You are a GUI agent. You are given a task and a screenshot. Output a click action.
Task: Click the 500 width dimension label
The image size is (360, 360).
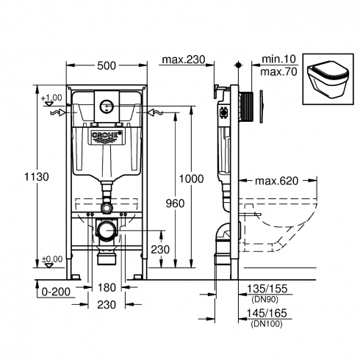(x=107, y=65)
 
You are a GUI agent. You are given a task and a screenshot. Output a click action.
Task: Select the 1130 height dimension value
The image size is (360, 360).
(x=37, y=176)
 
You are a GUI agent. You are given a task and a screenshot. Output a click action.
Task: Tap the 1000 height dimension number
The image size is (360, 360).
(x=191, y=179)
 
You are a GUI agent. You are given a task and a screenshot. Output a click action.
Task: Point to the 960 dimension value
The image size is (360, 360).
(x=175, y=204)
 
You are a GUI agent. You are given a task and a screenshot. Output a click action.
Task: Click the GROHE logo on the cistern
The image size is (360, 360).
(x=107, y=136)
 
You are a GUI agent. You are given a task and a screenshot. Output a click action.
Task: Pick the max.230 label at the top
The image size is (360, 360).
(x=184, y=60)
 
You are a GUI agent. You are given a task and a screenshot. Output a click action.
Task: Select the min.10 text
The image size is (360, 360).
(x=278, y=59)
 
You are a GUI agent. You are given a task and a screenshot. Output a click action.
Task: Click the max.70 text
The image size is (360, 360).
(x=278, y=72)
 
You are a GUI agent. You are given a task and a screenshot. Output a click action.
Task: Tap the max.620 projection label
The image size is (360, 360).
(x=277, y=181)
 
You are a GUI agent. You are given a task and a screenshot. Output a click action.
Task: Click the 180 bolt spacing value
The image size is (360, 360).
(x=107, y=287)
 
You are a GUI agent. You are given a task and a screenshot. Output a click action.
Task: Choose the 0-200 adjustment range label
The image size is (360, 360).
(x=56, y=292)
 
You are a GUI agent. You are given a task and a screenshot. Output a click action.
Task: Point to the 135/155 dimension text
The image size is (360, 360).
(x=267, y=289)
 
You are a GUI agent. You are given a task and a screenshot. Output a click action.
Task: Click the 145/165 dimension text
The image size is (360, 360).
(x=267, y=313)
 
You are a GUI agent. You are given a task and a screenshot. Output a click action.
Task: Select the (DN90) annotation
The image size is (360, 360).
(x=265, y=299)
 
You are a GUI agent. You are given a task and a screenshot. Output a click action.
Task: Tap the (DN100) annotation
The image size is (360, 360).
(x=267, y=324)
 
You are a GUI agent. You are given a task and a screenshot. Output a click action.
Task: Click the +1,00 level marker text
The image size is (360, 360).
(x=51, y=98)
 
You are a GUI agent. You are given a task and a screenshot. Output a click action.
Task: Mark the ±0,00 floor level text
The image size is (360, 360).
(x=52, y=259)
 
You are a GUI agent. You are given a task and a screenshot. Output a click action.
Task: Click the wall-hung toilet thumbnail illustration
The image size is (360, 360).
(x=328, y=79)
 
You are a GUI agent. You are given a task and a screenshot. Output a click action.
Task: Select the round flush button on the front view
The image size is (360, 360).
(x=107, y=107)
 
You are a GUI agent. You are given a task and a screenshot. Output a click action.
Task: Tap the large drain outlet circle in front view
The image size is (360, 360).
(x=107, y=231)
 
